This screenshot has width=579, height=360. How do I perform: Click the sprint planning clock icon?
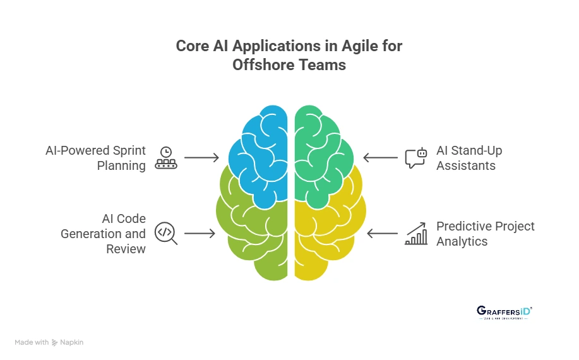166,158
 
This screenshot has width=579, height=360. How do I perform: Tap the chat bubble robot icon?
415,158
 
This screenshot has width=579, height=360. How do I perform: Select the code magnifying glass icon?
165,233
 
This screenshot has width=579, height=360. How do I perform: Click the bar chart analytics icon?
415,233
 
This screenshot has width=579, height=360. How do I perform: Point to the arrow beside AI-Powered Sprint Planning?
201,158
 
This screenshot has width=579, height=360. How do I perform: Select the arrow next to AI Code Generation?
200,234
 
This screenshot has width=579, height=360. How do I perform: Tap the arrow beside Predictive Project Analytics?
382,234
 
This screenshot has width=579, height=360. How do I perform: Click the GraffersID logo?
504,313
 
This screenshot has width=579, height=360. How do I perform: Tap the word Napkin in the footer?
72,342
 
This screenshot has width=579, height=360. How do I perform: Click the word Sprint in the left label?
130,151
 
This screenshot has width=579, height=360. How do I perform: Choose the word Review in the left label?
126,249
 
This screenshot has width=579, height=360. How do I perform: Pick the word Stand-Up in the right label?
477,151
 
